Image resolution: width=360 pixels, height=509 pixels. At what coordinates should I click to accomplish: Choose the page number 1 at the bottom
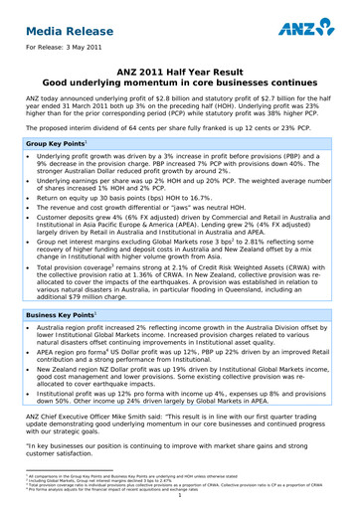coord(179,502)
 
